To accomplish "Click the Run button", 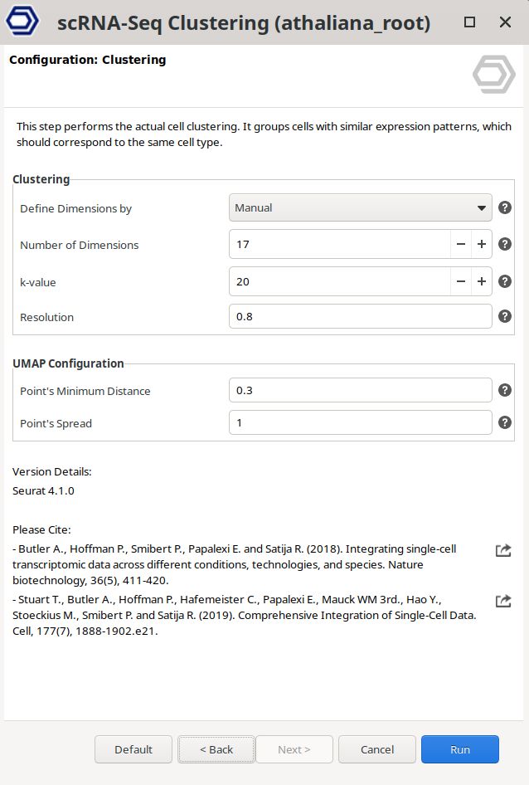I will click(x=459, y=749).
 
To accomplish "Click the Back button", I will click(x=216, y=749).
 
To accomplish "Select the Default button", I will click(x=133, y=749).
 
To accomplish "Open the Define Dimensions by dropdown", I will click(x=360, y=208).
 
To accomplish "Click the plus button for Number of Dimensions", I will click(x=482, y=245).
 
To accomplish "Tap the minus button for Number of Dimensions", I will click(x=461, y=245).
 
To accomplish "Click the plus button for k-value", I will click(x=482, y=281).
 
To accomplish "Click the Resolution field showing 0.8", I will click(x=360, y=317).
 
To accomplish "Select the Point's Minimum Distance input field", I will click(x=360, y=391).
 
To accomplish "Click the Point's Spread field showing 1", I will click(x=360, y=423).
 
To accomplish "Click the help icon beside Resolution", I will click(x=505, y=316).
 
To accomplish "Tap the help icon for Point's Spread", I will click(x=505, y=422).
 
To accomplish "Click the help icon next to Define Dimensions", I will click(x=505, y=208).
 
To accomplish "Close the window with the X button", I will click(x=505, y=22).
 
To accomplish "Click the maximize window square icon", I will click(x=469, y=22).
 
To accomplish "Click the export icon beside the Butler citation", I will click(x=503, y=550).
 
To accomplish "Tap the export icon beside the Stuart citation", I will click(x=503, y=601).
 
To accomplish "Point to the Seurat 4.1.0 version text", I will click(x=43, y=491).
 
